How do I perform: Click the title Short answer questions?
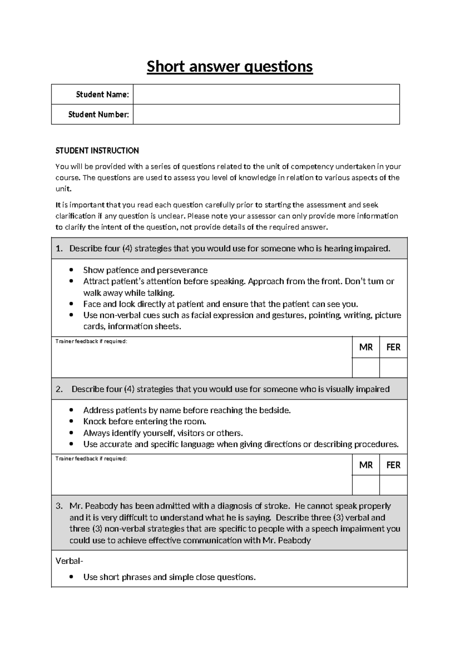[x=230, y=67]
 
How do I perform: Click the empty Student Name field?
[x=266, y=94]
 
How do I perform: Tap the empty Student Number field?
[x=266, y=114]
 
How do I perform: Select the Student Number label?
[x=99, y=114]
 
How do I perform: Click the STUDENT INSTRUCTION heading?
[x=97, y=151]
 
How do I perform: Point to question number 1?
[x=59, y=248]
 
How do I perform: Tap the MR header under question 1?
[x=366, y=347]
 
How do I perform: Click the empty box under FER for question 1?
[x=393, y=368]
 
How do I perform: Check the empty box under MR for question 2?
[x=366, y=485]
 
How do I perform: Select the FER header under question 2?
[x=393, y=465]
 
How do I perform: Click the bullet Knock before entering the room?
[x=145, y=422]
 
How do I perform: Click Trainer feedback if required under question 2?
[x=91, y=459]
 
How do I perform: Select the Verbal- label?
[x=69, y=561]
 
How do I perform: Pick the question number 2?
[x=59, y=389]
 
